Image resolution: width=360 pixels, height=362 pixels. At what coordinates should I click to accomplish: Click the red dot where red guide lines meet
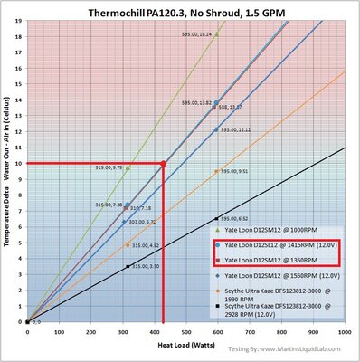click(x=163, y=163)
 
